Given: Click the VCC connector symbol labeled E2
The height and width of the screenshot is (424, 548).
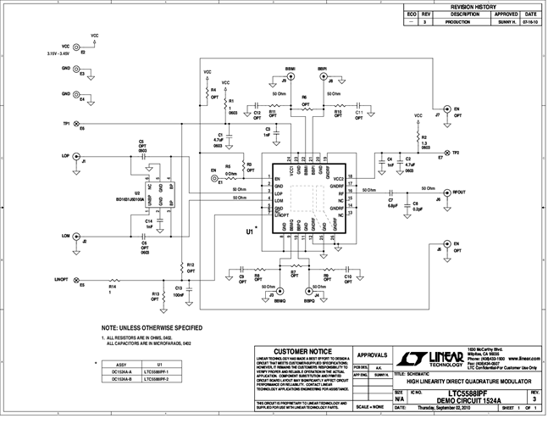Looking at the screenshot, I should tap(77, 48).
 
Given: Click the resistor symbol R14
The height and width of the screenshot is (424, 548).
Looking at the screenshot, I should tap(113, 280).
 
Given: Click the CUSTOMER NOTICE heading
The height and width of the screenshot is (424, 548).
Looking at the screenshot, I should tap(299, 349).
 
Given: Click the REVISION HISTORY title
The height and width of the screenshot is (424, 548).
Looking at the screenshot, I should tap(472, 6).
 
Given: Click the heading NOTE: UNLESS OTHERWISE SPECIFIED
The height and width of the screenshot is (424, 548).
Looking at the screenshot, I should tap(152, 326).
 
